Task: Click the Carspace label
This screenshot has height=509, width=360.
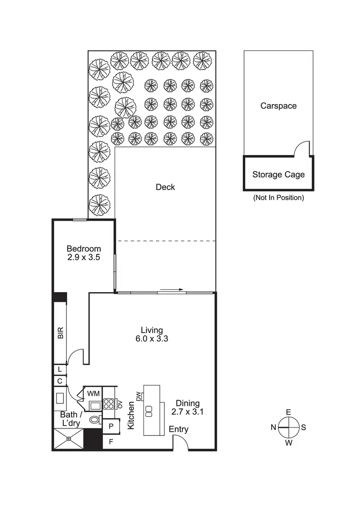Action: tap(278, 106)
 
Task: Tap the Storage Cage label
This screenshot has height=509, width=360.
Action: tap(278, 175)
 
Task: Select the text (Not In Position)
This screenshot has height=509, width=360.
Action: tap(278, 198)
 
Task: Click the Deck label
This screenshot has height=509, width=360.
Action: tap(166, 187)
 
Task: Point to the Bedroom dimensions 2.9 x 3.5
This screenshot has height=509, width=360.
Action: tap(84, 258)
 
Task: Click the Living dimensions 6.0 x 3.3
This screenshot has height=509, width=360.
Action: tap(152, 339)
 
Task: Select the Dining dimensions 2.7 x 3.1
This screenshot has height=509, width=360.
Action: tap(188, 412)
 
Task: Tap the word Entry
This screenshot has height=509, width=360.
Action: tap(179, 429)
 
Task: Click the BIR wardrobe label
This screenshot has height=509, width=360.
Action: tap(60, 333)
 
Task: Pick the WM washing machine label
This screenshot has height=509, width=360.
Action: tap(94, 394)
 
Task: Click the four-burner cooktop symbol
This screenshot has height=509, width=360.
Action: tap(108, 404)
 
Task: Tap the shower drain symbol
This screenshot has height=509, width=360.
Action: tap(69, 439)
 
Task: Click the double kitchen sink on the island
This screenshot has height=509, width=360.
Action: tap(149, 411)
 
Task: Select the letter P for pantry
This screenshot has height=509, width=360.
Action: tap(111, 426)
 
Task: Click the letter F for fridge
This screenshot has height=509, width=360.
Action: tap(111, 442)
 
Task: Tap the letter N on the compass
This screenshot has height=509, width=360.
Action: tap(273, 427)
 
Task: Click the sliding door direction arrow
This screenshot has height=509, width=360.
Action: tap(172, 290)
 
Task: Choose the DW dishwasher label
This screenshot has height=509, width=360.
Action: tap(139, 396)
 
